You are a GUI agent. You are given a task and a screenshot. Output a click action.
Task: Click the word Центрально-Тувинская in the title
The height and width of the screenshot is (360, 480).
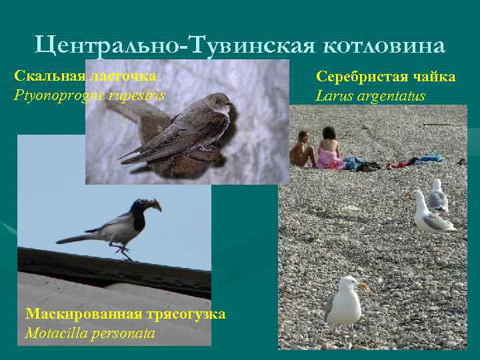176,45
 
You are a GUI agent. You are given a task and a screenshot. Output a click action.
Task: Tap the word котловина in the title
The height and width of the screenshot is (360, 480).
385,45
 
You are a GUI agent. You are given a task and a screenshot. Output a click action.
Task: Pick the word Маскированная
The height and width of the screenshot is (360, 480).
81,313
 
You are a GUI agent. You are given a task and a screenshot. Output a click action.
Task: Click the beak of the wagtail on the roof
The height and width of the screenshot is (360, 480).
157,206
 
